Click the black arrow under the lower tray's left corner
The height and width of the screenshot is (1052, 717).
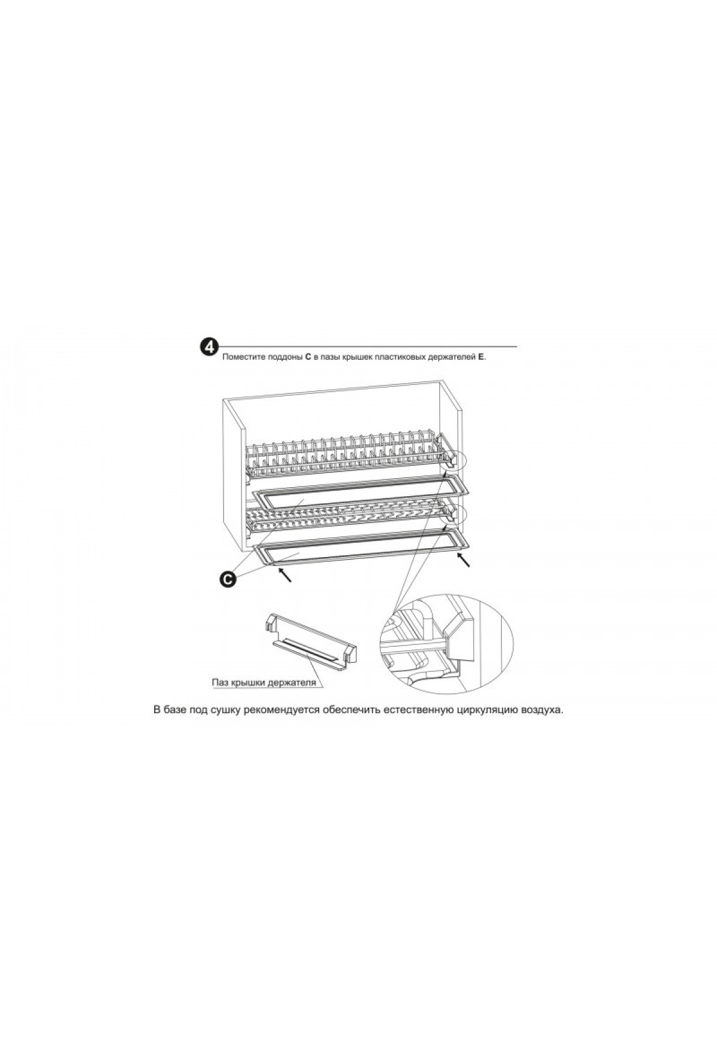tap(286, 575)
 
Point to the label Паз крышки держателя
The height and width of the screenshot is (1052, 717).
tap(263, 682)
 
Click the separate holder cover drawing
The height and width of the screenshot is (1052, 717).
tap(310, 644)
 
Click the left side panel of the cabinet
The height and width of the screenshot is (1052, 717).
tap(234, 478)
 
